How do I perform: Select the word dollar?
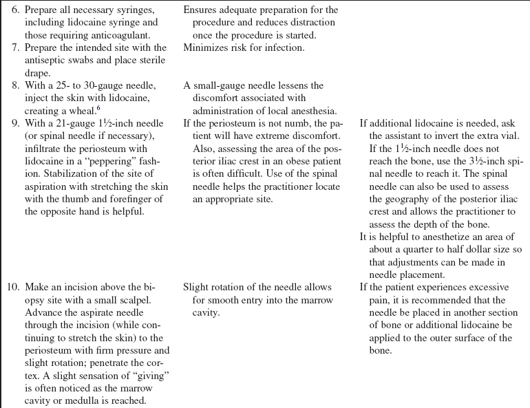[460, 249]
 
